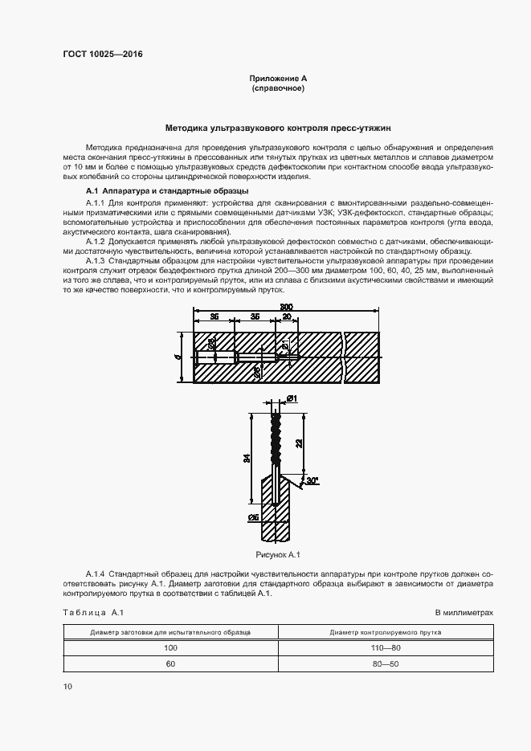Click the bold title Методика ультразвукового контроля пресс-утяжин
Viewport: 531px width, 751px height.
278,127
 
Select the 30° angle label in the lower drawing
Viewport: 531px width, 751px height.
312,481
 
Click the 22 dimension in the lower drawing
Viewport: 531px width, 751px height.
299,443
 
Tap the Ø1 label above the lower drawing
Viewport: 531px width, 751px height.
292,398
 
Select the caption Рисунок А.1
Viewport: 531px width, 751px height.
277,554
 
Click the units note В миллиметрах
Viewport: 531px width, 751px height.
464,613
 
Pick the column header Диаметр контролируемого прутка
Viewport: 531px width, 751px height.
385,632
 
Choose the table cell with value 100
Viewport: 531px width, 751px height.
170,647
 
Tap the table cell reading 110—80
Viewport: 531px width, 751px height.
385,647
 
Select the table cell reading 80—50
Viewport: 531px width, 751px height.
385,664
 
